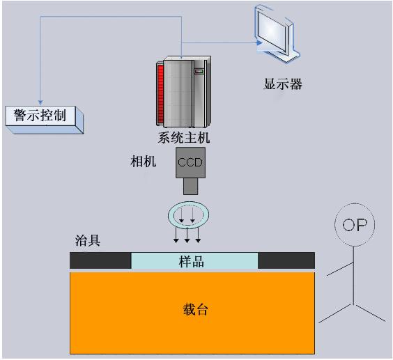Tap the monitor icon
(277, 34)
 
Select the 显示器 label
(282, 84)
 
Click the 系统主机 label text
(184, 138)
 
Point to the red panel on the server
(160, 93)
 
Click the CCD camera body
(190, 162)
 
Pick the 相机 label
(144, 161)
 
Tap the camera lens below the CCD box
(190, 186)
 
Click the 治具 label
(88, 240)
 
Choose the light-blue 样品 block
(194, 261)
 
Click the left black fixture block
(100, 260)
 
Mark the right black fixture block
(286, 260)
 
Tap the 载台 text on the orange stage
(196, 309)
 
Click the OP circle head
(355, 224)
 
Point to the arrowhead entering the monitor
(260, 43)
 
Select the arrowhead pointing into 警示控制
(40, 103)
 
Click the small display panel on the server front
(199, 72)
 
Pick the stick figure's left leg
(336, 313)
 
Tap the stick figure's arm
(340, 269)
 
